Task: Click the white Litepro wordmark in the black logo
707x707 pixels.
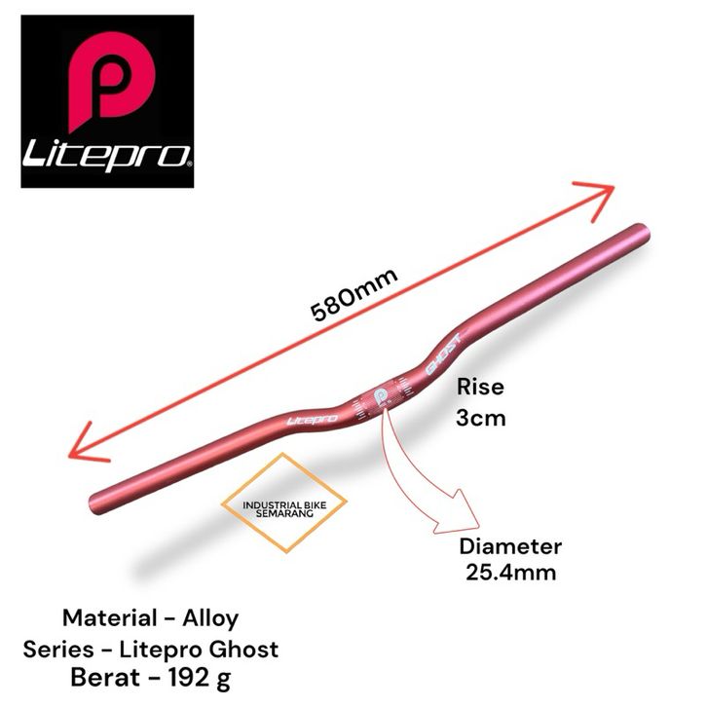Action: click(x=107, y=156)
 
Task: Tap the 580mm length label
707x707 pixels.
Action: click(x=354, y=294)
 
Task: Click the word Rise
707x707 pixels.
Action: click(x=480, y=387)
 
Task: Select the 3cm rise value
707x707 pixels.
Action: click(x=481, y=419)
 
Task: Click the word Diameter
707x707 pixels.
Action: click(x=510, y=546)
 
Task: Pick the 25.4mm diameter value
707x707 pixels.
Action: click(x=510, y=573)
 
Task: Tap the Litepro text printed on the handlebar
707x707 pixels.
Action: click(x=312, y=421)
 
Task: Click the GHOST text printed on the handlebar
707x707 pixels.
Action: click(x=444, y=354)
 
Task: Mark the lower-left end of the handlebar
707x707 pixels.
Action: click(x=96, y=505)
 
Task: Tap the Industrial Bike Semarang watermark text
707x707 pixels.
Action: click(x=284, y=509)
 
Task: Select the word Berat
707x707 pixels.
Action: click(x=105, y=678)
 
